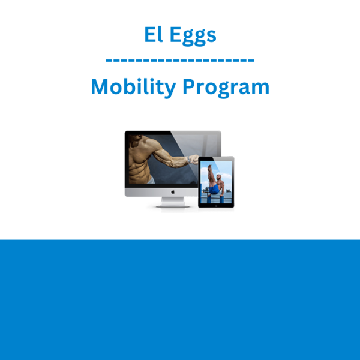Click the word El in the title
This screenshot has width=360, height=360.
(x=154, y=34)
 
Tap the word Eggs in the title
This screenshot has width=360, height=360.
(x=193, y=36)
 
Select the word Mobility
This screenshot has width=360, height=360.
(x=133, y=87)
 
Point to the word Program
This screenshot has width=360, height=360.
(x=226, y=88)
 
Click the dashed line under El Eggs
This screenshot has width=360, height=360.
(x=180, y=61)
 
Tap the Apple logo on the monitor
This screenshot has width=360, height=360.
(x=173, y=192)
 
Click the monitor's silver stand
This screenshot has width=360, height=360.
(x=173, y=202)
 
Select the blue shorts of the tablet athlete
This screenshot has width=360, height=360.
(x=214, y=189)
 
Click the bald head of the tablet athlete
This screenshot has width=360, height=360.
(x=219, y=177)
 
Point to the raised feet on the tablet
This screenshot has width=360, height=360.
(x=209, y=167)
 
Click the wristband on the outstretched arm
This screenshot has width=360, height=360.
(x=189, y=160)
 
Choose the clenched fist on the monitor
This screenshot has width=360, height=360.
(x=194, y=159)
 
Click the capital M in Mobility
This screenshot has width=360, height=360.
(x=100, y=86)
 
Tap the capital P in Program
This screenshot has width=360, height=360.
(x=189, y=86)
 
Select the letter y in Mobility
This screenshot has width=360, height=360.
(x=170, y=90)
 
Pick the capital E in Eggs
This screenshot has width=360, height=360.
(x=176, y=34)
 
